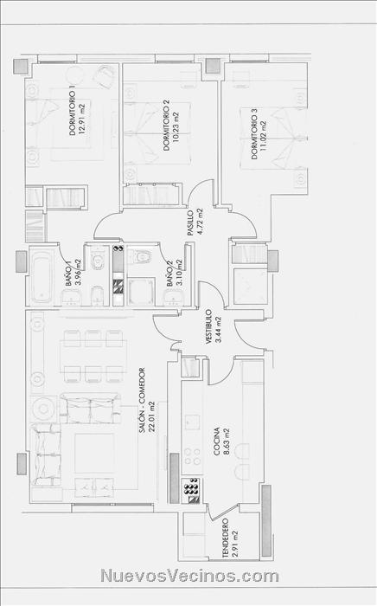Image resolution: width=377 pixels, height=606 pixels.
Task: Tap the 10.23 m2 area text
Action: (176, 127)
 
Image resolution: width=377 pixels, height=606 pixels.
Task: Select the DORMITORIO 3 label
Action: (254, 133)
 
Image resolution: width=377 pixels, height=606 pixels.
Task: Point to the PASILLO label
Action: (190, 223)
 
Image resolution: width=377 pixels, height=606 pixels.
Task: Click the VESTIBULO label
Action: (208, 326)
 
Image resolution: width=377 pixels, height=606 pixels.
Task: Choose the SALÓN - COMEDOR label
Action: (142, 400)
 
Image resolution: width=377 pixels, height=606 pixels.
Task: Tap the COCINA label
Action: (217, 441)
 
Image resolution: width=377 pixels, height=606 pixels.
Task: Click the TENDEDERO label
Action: (226, 538)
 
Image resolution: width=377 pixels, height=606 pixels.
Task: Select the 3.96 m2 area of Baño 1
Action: (79, 271)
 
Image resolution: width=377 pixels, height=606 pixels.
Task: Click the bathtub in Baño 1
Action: (42, 277)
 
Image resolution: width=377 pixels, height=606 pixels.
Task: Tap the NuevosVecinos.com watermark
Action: (189, 576)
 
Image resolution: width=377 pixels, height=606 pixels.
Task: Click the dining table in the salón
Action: (93, 355)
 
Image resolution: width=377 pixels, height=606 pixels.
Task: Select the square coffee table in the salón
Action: (94, 453)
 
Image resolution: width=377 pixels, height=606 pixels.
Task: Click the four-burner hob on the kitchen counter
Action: (192, 456)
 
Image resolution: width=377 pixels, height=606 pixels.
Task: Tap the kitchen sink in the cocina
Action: (192, 422)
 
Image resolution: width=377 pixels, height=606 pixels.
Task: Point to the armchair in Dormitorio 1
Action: (104, 76)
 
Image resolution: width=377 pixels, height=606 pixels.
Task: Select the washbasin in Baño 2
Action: (174, 299)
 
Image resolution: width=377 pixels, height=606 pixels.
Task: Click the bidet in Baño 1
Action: (97, 295)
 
